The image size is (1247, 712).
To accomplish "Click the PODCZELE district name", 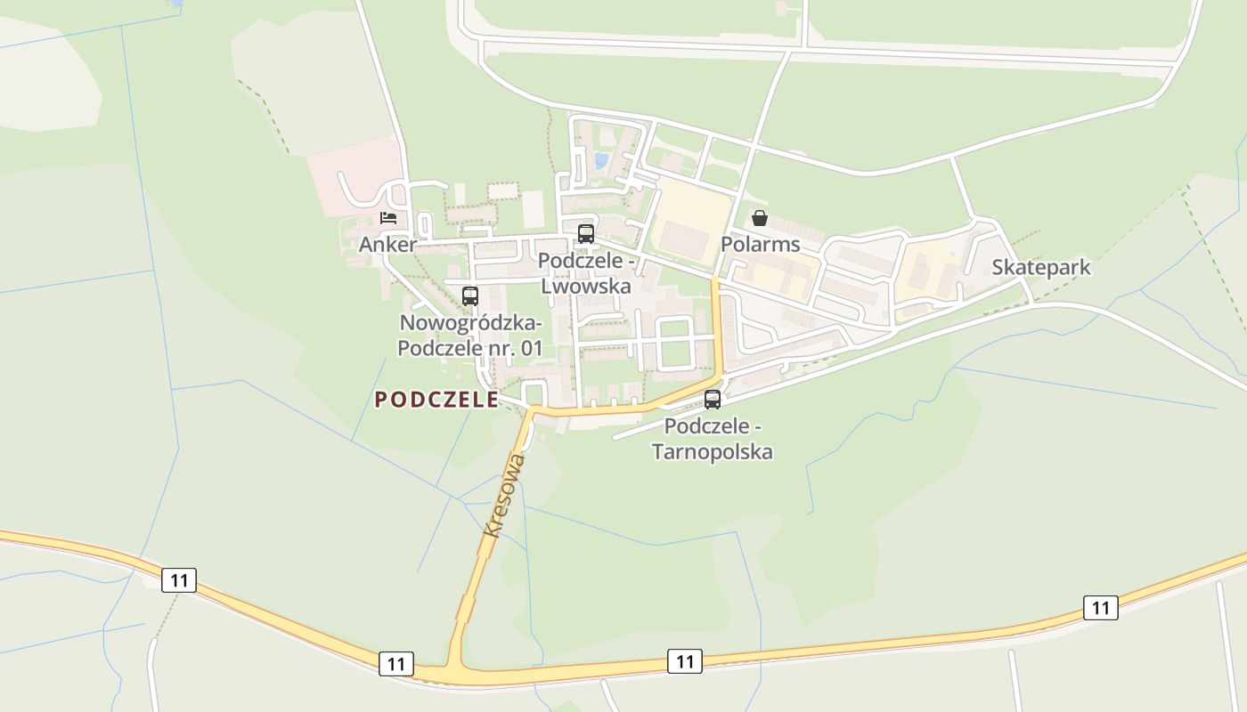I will point(436,400).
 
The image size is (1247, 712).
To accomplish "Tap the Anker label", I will point(387,245).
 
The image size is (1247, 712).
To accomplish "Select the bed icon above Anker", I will point(387,217).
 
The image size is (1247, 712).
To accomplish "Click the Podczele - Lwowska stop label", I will point(586,274).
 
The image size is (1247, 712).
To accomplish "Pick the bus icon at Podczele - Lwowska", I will point(585,234).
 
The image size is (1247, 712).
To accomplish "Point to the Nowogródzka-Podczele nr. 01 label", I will point(469,336).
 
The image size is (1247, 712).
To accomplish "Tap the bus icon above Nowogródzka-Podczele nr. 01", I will point(469,296).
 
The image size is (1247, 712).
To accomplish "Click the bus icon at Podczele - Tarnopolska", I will point(713,400).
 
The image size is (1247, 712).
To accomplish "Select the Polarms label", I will point(760,245).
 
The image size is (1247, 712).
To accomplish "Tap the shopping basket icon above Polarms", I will point(759,218).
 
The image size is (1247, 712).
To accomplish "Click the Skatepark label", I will point(1040,268).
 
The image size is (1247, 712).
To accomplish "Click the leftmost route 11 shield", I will point(179,580).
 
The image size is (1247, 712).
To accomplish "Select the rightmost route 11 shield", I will point(1100,608).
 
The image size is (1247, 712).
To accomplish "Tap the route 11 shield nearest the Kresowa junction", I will point(396,663).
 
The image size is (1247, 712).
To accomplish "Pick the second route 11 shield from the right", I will point(684,661).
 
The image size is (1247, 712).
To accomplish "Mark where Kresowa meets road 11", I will point(456,669).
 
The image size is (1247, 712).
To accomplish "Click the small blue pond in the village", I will point(601,160).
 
